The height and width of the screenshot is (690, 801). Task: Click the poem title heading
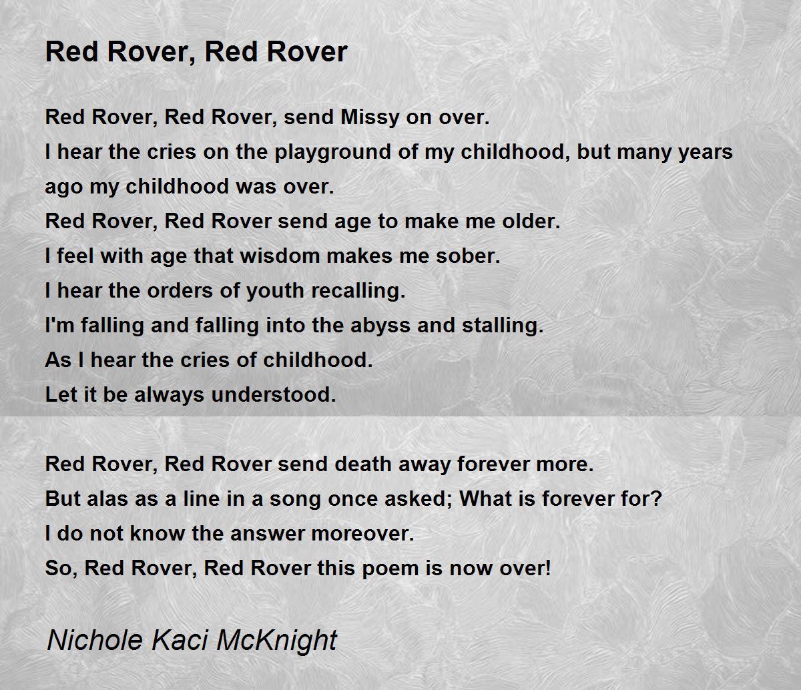tap(196, 51)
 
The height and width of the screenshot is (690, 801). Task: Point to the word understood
tap(273, 395)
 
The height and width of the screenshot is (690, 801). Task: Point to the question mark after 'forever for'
tap(656, 499)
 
